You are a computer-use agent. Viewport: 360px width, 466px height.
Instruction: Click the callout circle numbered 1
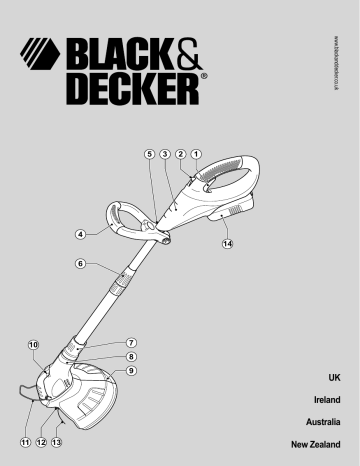(x=196, y=154)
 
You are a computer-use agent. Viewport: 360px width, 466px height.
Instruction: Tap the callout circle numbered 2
(x=180, y=154)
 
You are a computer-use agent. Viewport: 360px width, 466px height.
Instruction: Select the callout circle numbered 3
(x=164, y=154)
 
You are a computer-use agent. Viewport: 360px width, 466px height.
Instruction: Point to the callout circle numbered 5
(x=149, y=154)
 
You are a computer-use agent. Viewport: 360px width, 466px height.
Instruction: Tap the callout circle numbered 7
(x=132, y=342)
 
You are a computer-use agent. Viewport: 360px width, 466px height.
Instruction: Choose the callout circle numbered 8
(x=132, y=356)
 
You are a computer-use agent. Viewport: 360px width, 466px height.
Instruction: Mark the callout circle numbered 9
(x=132, y=371)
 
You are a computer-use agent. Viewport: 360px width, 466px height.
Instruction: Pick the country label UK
(x=334, y=378)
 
